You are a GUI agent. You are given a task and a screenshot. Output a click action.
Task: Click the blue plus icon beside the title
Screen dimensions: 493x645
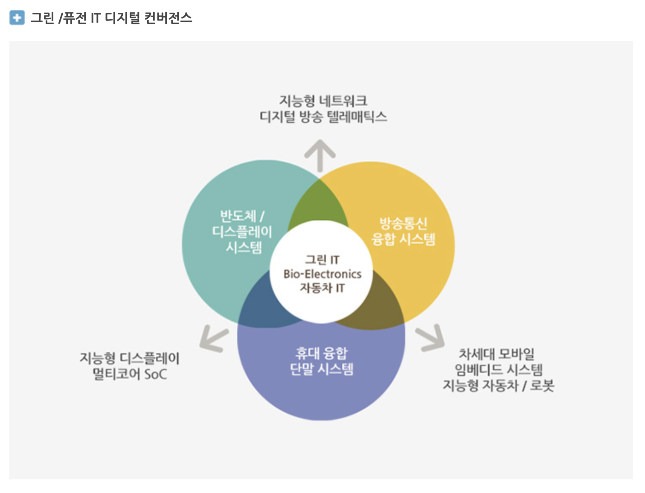pos(17,18)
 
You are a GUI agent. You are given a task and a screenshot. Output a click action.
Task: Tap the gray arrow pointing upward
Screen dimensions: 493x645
pos(320,154)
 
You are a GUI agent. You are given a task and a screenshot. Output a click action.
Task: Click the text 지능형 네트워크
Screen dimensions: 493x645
pos(323,101)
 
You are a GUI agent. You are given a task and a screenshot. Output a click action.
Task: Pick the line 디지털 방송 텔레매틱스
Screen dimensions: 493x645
pos(323,117)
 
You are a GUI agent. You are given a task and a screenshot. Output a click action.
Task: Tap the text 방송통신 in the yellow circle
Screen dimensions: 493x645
pos(403,223)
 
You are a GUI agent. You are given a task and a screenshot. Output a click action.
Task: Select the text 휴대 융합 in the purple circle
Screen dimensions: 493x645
pos(322,353)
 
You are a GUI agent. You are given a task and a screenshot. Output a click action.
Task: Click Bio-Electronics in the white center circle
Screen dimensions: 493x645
pos(322,274)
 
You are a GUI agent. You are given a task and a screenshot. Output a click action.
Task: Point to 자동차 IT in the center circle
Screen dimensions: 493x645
pos(322,288)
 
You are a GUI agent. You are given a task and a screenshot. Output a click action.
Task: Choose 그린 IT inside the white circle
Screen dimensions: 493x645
pos(322,259)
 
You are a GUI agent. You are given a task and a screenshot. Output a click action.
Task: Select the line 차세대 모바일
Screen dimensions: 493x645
pos(497,354)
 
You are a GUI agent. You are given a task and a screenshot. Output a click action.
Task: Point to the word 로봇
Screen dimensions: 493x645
pos(542,386)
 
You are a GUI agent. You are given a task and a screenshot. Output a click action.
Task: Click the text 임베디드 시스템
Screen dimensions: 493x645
pos(498,370)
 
